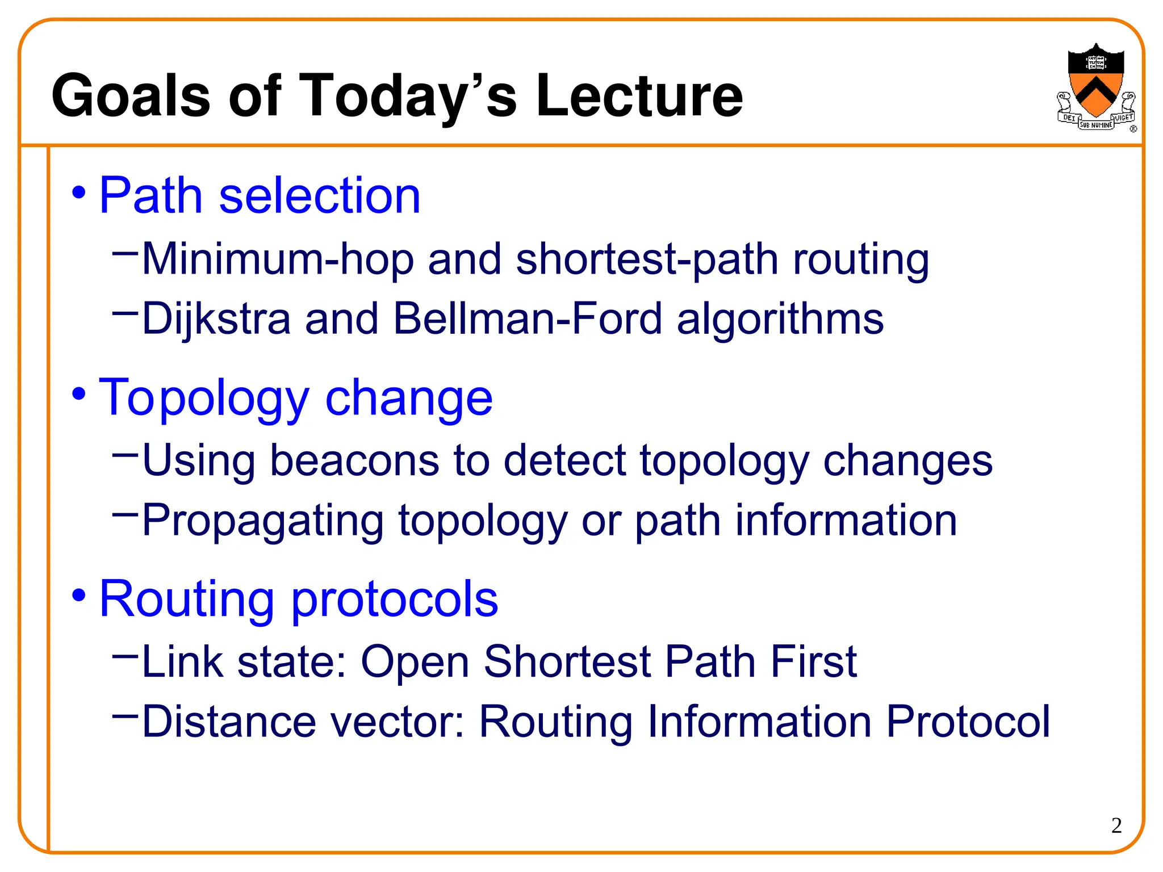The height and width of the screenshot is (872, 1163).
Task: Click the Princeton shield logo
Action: [1095, 85]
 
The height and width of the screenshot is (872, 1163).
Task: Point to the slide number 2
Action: [1116, 825]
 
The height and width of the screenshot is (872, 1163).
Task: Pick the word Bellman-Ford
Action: [528, 318]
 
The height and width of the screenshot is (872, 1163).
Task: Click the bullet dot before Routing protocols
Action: [79, 596]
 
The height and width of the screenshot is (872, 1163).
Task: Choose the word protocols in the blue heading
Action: [395, 599]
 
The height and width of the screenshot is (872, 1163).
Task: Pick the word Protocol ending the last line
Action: [968, 722]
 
